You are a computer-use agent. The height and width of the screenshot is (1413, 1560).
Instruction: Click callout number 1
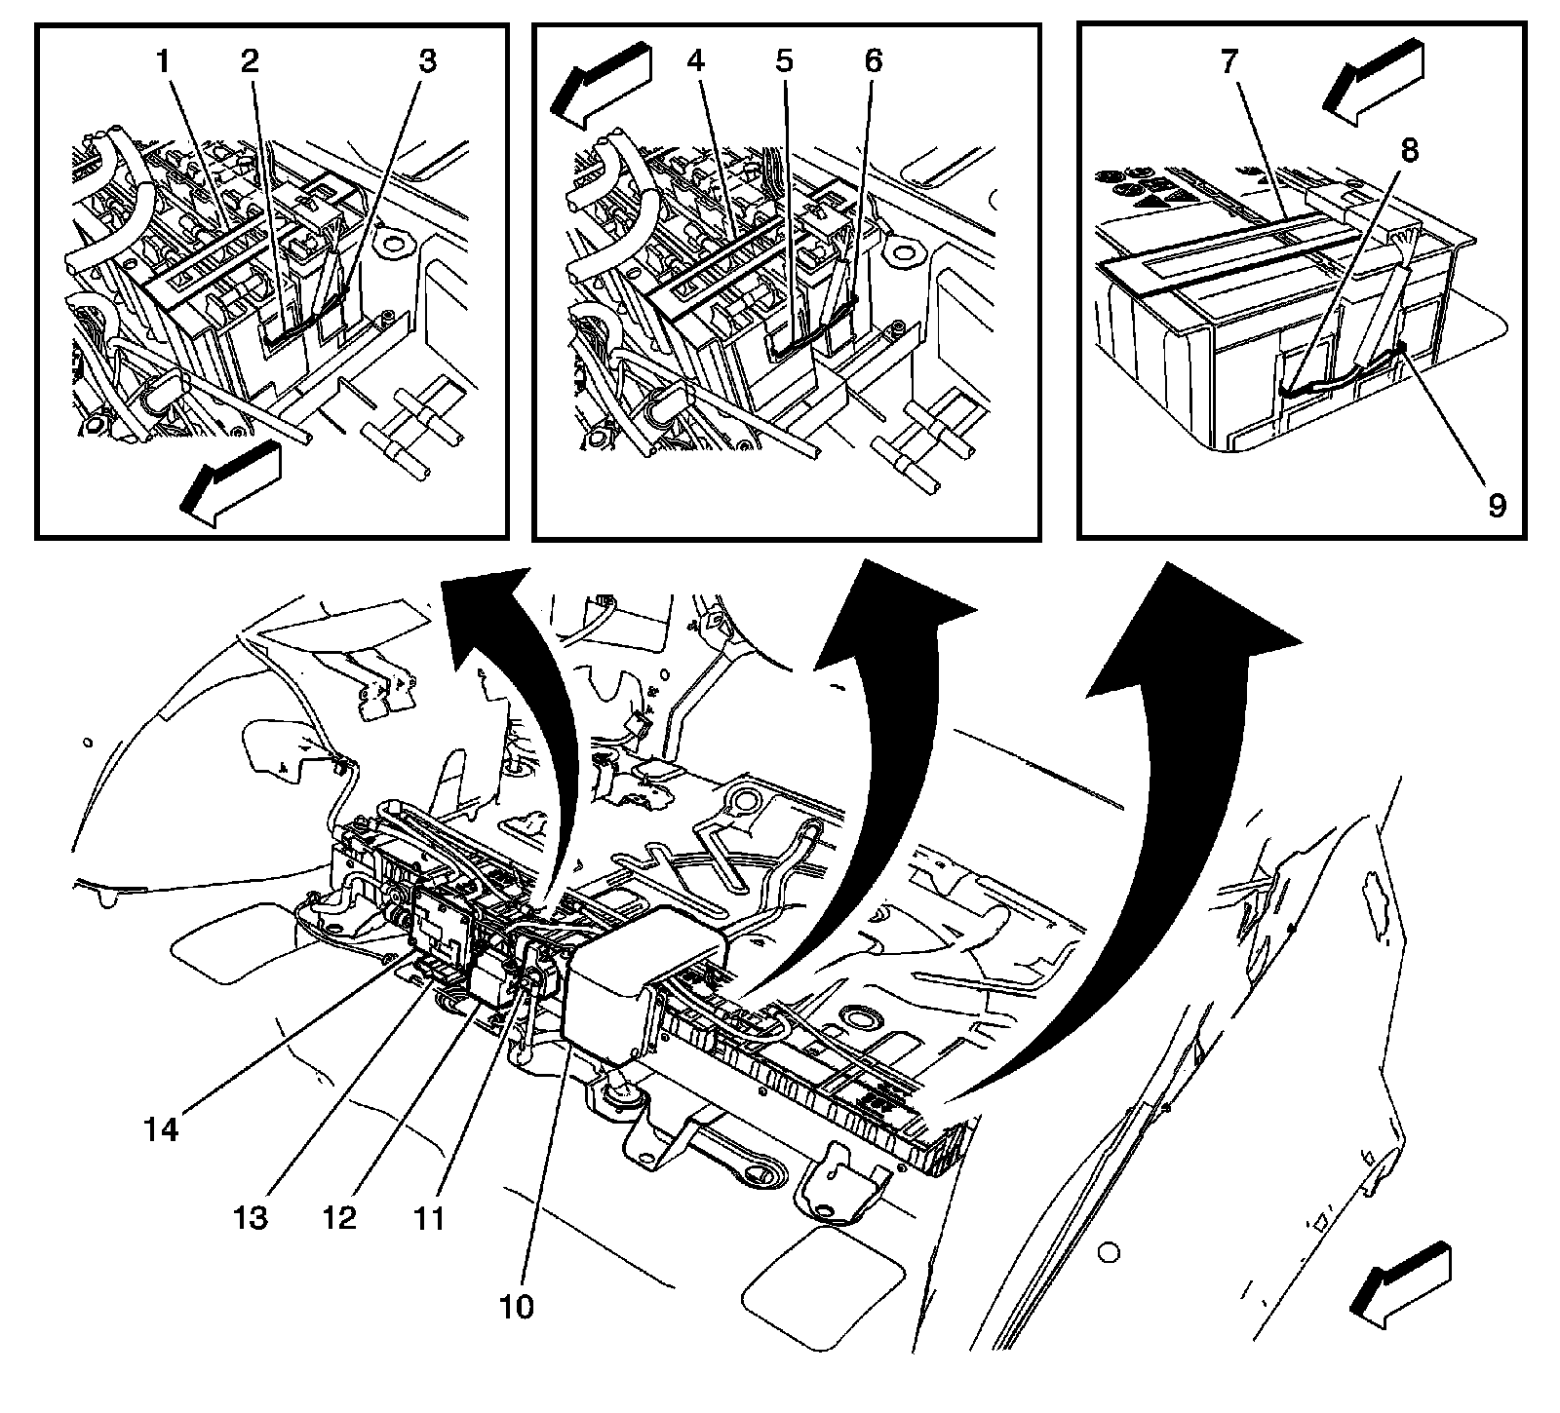point(164,61)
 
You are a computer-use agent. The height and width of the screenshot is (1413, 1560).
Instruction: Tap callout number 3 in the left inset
point(427,61)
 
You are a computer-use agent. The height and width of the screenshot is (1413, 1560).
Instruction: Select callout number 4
point(694,61)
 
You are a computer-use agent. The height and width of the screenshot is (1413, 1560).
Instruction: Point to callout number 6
point(873,61)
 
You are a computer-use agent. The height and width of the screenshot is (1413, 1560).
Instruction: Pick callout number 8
point(1410,152)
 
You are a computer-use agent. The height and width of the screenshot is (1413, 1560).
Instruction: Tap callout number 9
point(1497,505)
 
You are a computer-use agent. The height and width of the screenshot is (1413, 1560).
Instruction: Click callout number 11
point(427,1218)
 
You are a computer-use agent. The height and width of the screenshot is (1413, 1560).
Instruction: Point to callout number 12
point(341,1218)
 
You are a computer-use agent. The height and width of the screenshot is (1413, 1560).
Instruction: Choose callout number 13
point(251,1218)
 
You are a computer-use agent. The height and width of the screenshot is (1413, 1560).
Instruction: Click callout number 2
point(251,61)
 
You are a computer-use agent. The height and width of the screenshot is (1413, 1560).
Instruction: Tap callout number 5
point(783,61)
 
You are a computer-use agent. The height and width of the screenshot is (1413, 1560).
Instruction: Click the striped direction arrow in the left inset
point(231,483)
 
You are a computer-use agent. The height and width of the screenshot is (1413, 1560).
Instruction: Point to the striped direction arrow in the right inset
point(1372,82)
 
